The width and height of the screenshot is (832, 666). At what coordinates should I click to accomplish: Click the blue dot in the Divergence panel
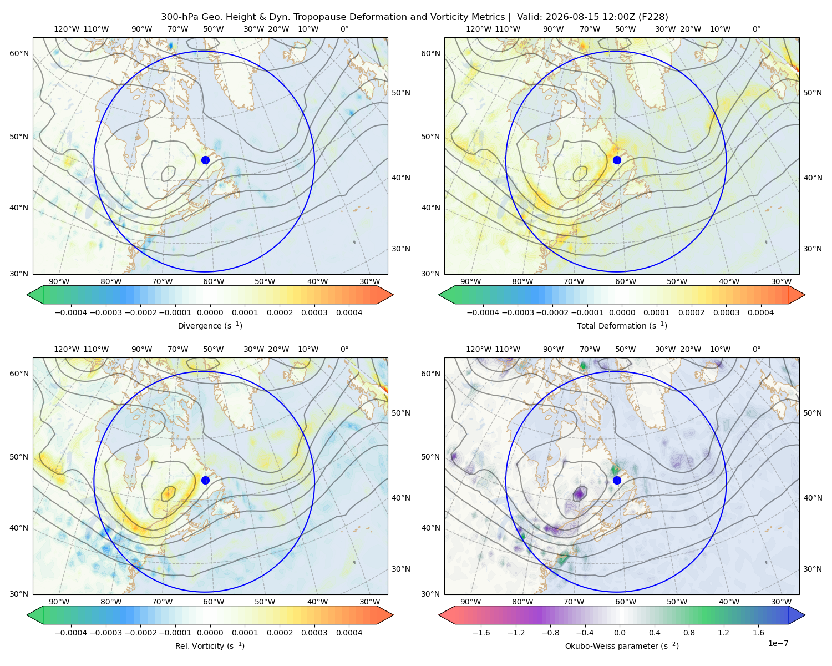pos(205,160)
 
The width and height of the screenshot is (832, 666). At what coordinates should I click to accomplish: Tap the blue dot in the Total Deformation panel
pos(617,160)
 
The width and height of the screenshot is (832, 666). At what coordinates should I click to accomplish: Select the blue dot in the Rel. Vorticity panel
pos(205,480)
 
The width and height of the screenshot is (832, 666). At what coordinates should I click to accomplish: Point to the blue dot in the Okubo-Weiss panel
pos(617,480)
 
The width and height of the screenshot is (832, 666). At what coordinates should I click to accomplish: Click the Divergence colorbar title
pos(210,325)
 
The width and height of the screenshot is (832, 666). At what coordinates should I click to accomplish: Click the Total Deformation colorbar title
pos(622,325)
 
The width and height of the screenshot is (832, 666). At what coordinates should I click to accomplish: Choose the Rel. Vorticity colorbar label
pos(210,645)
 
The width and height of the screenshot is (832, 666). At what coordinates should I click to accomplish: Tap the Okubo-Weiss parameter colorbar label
pos(622,645)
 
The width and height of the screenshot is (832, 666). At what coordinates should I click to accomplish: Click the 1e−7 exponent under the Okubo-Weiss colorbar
pos(778,643)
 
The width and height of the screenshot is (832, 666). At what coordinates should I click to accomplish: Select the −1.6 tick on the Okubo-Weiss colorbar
pos(481,632)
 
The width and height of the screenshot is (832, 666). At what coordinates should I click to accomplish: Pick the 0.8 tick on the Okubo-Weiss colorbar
pos(689,632)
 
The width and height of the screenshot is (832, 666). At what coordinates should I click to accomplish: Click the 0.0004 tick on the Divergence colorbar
pos(349,312)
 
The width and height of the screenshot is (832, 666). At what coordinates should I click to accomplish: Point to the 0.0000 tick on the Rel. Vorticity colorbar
pos(210,632)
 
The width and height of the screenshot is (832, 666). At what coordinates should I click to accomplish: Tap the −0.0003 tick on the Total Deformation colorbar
pos(518,312)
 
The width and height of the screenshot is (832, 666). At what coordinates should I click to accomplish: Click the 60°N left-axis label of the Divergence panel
pos(19,53)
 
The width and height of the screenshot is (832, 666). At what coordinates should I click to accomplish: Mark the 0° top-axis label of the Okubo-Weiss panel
pos(756,349)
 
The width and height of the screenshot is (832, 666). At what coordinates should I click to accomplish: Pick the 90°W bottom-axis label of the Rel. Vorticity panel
pos(59,602)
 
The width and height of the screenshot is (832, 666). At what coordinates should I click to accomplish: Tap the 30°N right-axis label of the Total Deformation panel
pos(813,249)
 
